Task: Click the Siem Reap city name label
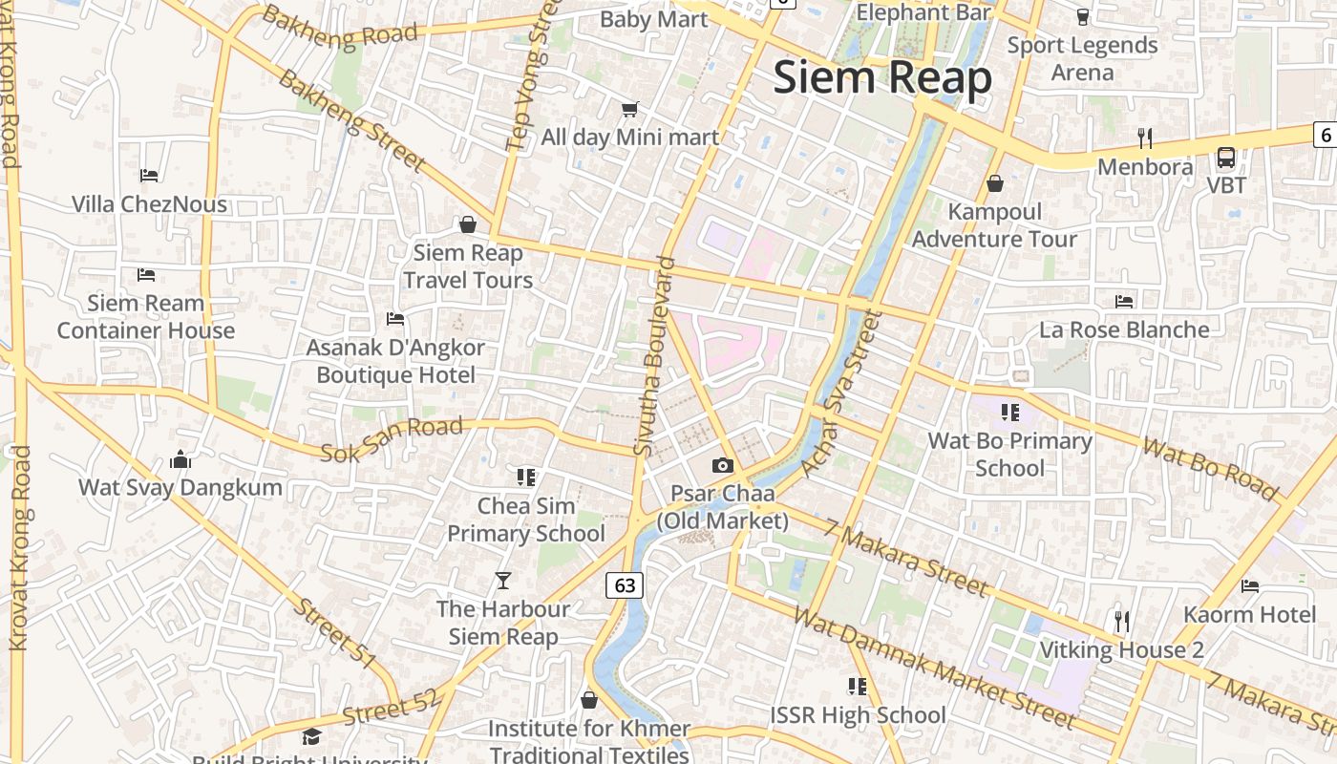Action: click(x=882, y=77)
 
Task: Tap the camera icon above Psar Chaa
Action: click(x=723, y=465)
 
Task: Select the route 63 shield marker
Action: click(x=625, y=584)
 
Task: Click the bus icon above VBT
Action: click(x=1226, y=158)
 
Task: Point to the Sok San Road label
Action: click(x=392, y=440)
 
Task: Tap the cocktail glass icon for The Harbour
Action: click(x=503, y=580)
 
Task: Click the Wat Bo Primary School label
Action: click(x=1010, y=454)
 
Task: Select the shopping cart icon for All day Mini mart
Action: click(x=629, y=110)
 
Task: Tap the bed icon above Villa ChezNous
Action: click(x=149, y=175)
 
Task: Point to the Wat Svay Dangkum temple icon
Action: click(x=180, y=459)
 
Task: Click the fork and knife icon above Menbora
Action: click(x=1145, y=138)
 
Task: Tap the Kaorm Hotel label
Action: click(x=1250, y=613)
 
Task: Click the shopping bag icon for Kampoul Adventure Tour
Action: click(x=994, y=182)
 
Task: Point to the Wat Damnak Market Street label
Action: click(x=934, y=668)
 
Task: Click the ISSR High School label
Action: click(x=858, y=714)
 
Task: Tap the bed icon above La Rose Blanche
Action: click(x=1124, y=301)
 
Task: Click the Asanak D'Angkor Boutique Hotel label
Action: click(x=395, y=361)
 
